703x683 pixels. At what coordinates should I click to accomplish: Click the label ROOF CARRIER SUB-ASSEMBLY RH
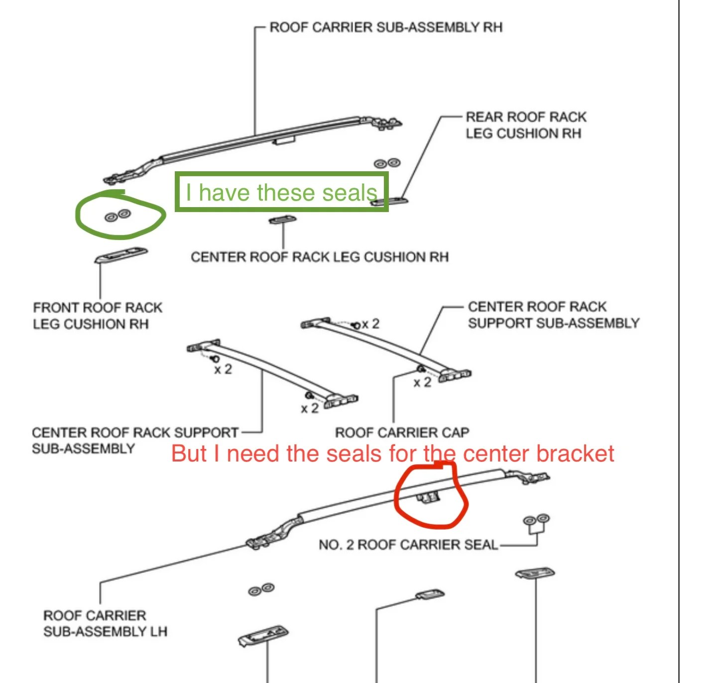[386, 27]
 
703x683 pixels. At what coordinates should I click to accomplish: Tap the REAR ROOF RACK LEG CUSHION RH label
[525, 125]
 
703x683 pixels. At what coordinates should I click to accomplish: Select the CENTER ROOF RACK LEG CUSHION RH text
[319, 257]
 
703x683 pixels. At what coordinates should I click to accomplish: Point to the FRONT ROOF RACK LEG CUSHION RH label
[98, 316]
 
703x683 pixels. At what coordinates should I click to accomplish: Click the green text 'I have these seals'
[281, 193]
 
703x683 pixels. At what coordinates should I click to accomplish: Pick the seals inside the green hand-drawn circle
[118, 215]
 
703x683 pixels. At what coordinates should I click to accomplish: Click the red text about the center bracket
[392, 454]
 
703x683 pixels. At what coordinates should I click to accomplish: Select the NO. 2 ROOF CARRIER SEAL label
[408, 545]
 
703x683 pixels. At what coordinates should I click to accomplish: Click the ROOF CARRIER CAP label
[402, 432]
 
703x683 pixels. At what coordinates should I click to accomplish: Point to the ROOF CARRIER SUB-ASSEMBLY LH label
[105, 623]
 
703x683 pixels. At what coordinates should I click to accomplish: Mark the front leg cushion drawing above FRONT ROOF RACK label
[121, 255]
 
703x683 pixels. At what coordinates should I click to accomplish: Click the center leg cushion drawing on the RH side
[282, 219]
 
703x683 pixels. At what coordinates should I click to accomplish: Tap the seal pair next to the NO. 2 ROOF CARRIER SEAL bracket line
[536, 520]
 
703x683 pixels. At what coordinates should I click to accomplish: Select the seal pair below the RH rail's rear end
[387, 163]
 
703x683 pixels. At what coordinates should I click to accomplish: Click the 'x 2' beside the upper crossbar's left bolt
[370, 324]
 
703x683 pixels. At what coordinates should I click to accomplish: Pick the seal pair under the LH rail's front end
[261, 589]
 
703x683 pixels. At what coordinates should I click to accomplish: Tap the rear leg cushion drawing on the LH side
[535, 573]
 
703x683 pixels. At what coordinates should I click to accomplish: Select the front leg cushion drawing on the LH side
[263, 636]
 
